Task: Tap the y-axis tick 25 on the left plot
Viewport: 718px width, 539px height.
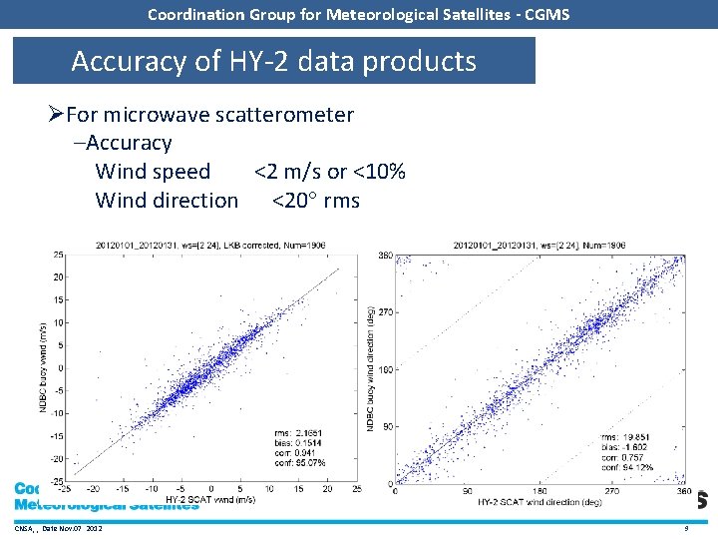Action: [x=59, y=255]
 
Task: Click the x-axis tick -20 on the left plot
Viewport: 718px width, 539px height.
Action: [x=93, y=489]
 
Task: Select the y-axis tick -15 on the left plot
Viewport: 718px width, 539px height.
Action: [x=57, y=436]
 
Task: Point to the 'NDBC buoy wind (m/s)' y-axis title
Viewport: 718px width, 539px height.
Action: [x=42, y=366]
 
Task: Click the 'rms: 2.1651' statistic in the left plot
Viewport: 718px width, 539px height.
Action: [x=298, y=432]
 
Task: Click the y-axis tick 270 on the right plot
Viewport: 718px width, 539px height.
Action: [x=385, y=312]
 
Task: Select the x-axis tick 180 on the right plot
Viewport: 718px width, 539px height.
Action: [x=538, y=490]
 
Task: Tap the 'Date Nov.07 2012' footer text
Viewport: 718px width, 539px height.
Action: [x=72, y=527]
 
